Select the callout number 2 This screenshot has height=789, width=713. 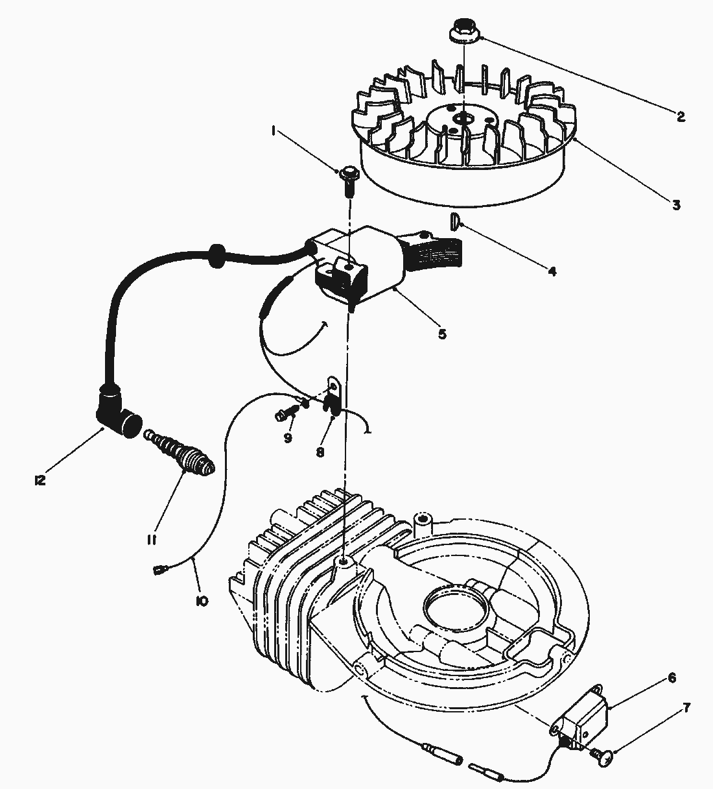click(680, 117)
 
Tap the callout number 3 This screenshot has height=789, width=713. click(676, 205)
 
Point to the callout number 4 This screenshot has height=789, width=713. click(552, 272)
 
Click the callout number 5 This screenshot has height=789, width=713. click(442, 334)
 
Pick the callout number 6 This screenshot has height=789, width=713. click(672, 678)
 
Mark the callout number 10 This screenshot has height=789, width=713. click(201, 601)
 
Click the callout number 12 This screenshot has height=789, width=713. click(40, 480)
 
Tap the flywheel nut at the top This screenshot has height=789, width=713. click(462, 32)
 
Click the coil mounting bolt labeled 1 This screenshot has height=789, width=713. click(349, 175)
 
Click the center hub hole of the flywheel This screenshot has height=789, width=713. click(463, 117)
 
